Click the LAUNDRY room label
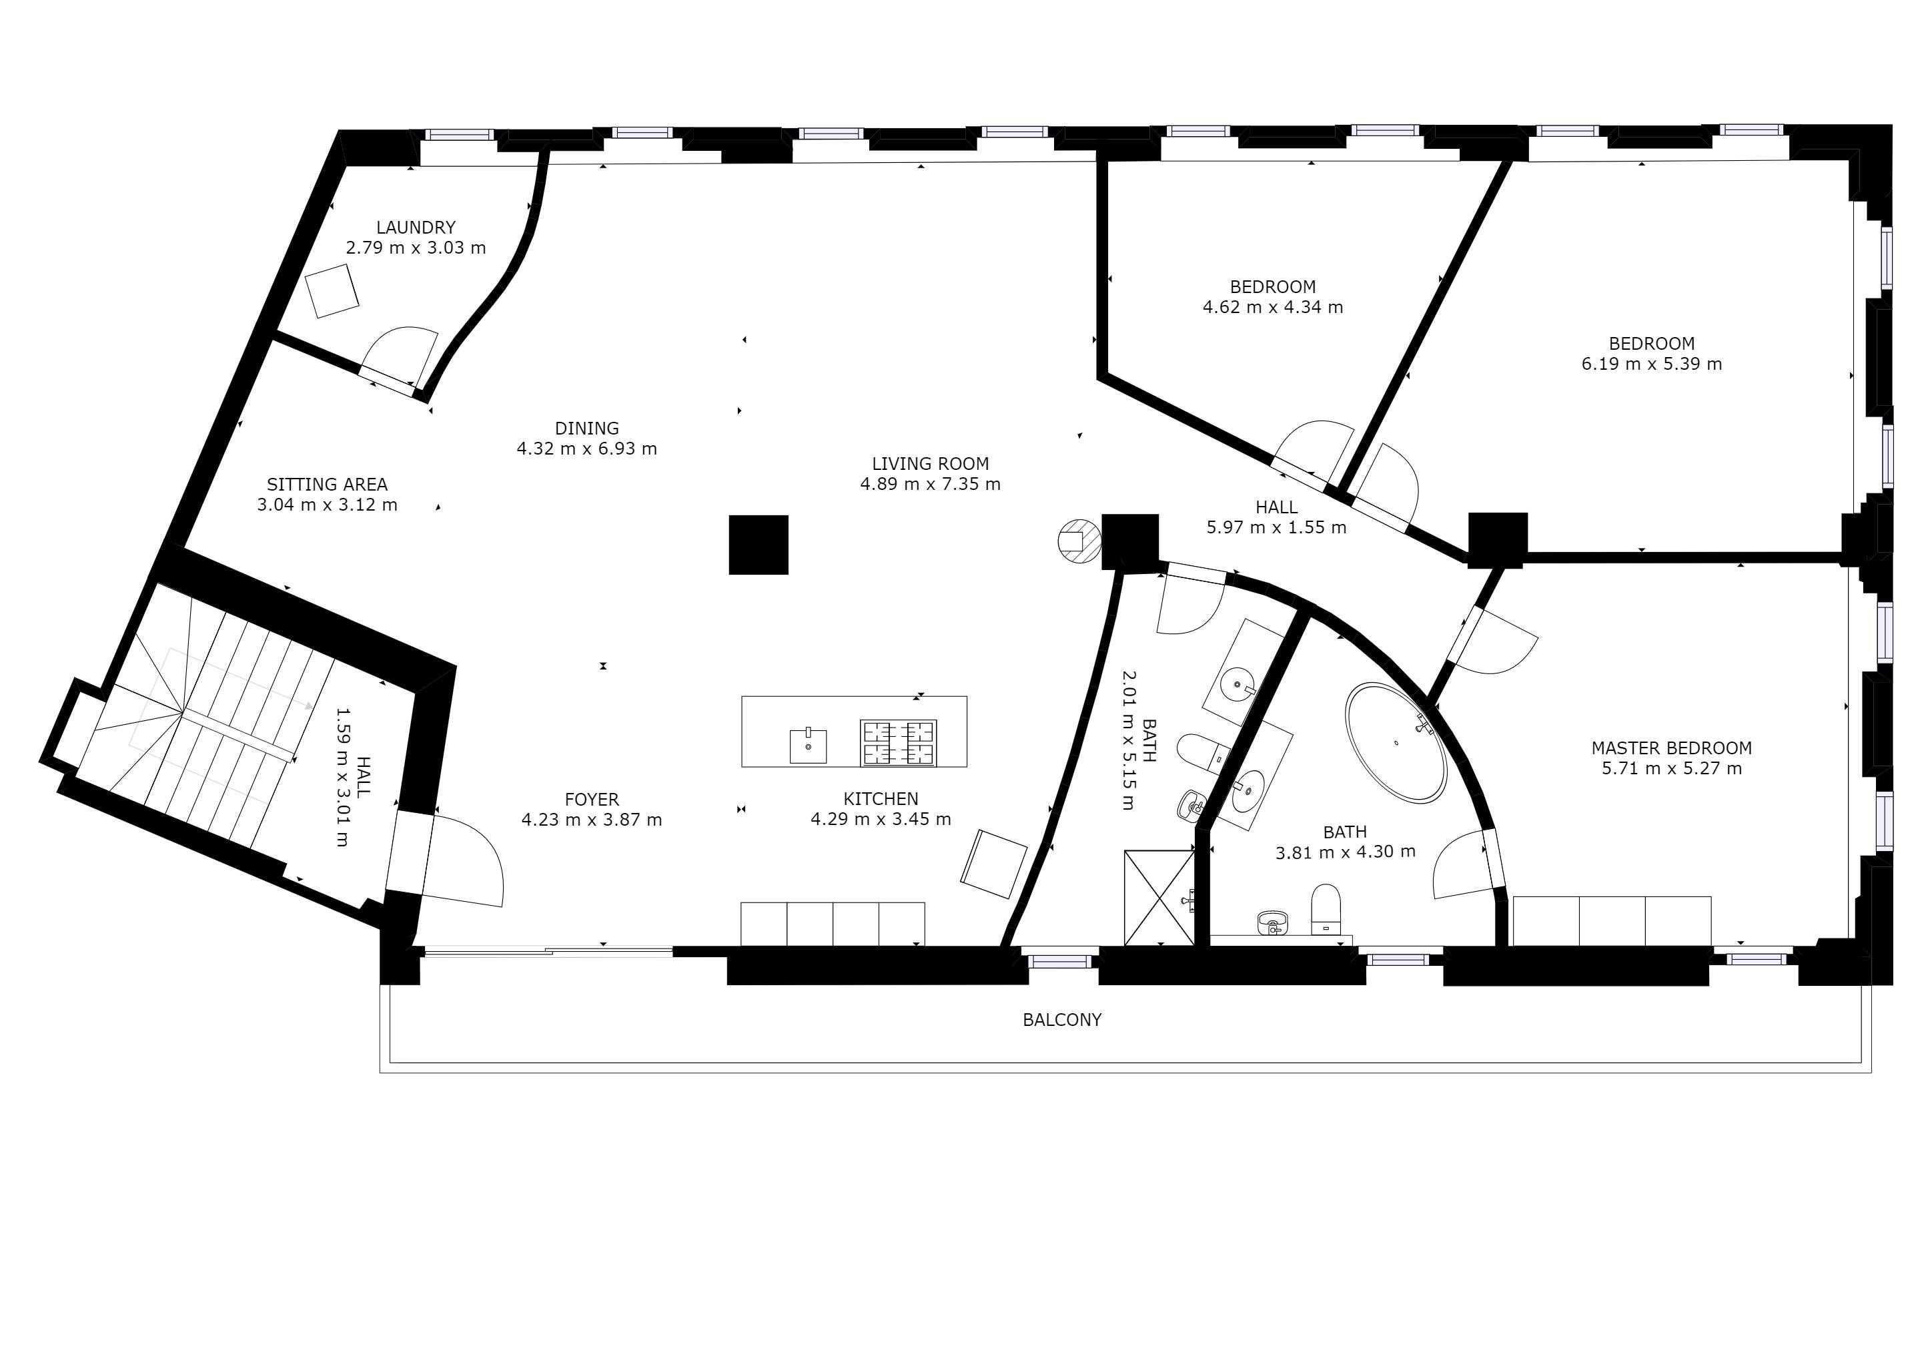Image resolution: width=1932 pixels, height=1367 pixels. pyautogui.click(x=416, y=227)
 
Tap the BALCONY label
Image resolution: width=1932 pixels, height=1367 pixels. pyautogui.click(x=1062, y=1020)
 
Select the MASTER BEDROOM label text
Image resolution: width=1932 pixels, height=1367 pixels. pyautogui.click(x=1671, y=748)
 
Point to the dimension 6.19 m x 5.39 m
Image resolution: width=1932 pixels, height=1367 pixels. pyautogui.click(x=1652, y=364)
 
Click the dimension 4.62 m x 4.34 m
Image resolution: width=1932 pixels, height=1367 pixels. pyautogui.click(x=1273, y=307)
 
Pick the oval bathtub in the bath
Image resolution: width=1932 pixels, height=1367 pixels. pyautogui.click(x=1396, y=742)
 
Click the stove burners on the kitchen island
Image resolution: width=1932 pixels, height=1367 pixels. pyautogui.click(x=898, y=744)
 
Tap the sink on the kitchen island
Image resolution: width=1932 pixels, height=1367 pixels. pyautogui.click(x=808, y=746)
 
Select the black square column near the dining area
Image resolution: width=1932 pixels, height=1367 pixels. pyautogui.click(x=758, y=545)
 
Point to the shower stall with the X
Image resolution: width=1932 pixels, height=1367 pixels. pyautogui.click(x=1159, y=898)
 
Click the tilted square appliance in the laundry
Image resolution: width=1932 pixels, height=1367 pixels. pyautogui.click(x=332, y=291)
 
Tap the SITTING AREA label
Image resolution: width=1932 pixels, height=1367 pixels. pyautogui.click(x=328, y=485)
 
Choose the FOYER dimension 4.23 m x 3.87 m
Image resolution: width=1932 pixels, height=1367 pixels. pyautogui.click(x=592, y=820)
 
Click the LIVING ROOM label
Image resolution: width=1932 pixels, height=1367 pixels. pyautogui.click(x=930, y=464)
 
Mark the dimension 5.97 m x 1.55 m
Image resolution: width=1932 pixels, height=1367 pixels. pyautogui.click(x=1276, y=528)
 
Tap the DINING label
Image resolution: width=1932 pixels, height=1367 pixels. pyautogui.click(x=586, y=429)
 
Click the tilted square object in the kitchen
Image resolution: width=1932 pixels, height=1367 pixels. pyautogui.click(x=994, y=864)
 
